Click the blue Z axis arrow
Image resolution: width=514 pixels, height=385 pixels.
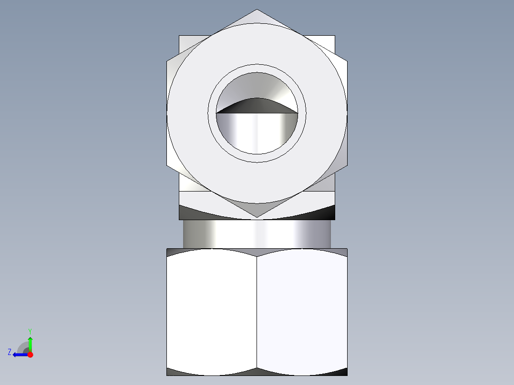[x=19, y=355]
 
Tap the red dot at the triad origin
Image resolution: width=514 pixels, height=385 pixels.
[x=30, y=355]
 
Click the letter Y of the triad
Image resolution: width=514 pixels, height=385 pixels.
[x=30, y=331]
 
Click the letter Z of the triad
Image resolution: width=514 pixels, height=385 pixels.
[x=10, y=352]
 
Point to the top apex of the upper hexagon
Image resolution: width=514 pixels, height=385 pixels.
[x=257, y=10]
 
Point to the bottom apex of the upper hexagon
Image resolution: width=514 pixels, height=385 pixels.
[x=257, y=217]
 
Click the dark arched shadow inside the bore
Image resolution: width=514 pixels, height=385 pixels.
[x=257, y=105]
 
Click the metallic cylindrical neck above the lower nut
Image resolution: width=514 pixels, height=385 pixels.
[x=257, y=233]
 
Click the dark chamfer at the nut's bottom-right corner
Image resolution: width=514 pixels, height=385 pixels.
[x=341, y=372]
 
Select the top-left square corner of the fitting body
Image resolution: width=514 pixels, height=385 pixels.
[x=180, y=37]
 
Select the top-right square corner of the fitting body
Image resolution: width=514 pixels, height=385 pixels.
[x=334, y=37]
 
